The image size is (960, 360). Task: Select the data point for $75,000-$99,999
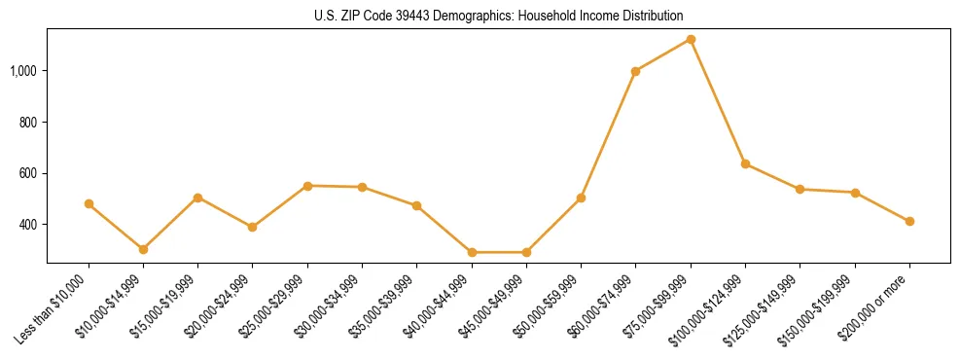point(691,39)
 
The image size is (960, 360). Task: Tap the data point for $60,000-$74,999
point(635,71)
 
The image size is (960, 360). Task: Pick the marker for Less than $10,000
point(89,203)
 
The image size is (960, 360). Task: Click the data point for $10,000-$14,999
point(143,249)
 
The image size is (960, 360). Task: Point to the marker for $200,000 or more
point(909,221)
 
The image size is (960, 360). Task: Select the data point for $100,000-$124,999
point(745,163)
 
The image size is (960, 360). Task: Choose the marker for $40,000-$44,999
point(472,252)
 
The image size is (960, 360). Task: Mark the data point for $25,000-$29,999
point(307,185)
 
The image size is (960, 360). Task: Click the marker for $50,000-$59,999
point(581,198)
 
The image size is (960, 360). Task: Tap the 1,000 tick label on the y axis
point(24,71)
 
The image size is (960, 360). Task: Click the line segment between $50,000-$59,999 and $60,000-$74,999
point(608,134)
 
